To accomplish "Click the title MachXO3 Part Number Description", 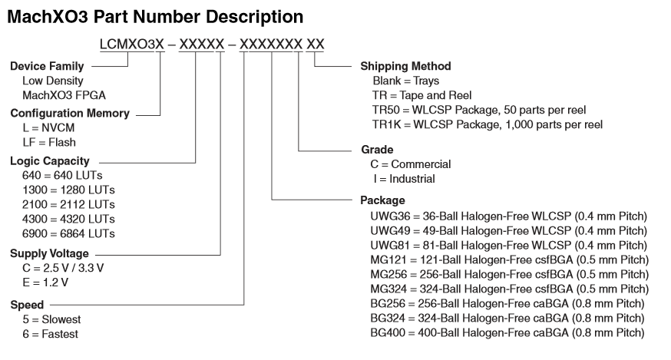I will tap(154, 15).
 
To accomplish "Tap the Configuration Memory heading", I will tap(69, 114).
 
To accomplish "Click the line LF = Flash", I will tap(49, 142).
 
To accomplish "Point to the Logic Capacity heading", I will tap(49, 161).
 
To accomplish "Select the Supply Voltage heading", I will tap(49, 253).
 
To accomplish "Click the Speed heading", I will tap(27, 305).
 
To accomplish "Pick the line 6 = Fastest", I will tap(50, 333).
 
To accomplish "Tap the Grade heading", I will tap(377, 149).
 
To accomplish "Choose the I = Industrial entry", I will tap(402, 178).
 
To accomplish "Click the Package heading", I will tap(383, 200).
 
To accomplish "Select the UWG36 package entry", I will tap(508, 216).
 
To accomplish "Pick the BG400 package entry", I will tap(507, 332).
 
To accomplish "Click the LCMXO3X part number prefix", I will tap(131, 45).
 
